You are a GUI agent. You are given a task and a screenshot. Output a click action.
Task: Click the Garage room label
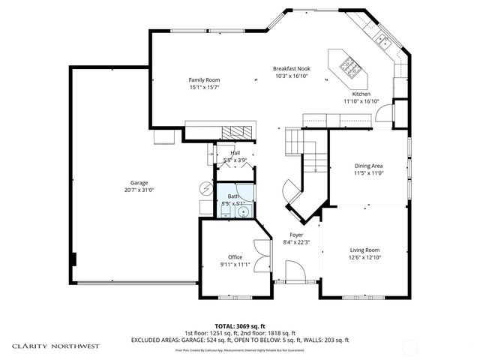click(139, 183)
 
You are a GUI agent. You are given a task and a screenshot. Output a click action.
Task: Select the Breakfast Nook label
click(292, 69)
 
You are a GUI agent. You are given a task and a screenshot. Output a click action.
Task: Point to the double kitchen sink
click(382, 42)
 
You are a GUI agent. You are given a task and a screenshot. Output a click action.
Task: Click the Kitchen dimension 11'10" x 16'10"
click(361, 100)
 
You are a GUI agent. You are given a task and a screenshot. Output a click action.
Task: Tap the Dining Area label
click(368, 166)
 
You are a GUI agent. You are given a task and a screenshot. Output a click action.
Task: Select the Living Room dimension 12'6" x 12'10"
click(365, 257)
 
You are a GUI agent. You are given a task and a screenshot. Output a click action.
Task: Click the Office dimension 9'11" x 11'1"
click(235, 264)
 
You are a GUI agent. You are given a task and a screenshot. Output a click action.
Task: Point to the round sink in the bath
click(242, 213)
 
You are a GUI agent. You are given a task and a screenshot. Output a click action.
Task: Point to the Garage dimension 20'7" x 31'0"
click(139, 190)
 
